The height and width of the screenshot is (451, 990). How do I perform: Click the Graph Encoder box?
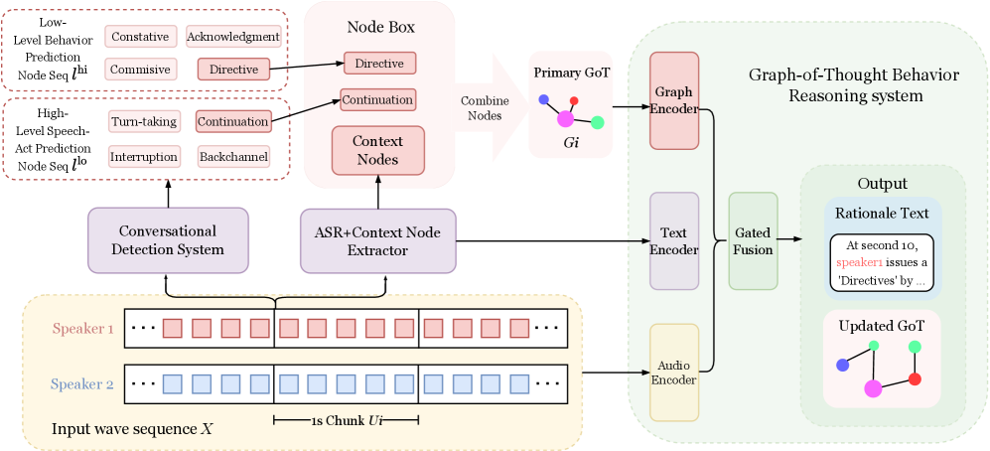[x=674, y=101]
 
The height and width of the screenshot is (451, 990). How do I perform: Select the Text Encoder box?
[x=674, y=241]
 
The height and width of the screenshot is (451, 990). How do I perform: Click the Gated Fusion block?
[x=753, y=241]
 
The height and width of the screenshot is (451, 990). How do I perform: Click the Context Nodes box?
[x=377, y=150]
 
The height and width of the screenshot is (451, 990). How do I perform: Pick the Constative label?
[x=140, y=37]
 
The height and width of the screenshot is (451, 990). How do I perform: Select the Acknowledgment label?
[x=233, y=37]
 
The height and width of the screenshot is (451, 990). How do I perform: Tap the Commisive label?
[x=140, y=70]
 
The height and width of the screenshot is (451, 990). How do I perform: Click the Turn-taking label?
[x=144, y=122]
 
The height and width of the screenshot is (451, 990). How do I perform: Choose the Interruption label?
[x=144, y=157]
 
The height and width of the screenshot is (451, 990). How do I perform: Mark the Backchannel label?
[x=233, y=157]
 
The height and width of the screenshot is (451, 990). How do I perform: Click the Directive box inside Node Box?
[x=379, y=64]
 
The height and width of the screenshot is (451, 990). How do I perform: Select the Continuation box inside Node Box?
[x=377, y=100]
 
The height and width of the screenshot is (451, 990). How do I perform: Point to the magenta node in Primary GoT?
[x=566, y=119]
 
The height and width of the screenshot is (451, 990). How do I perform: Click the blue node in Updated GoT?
[x=842, y=365]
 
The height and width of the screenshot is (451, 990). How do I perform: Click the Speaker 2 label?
[x=83, y=382]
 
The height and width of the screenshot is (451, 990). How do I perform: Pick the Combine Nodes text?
[x=485, y=109]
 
